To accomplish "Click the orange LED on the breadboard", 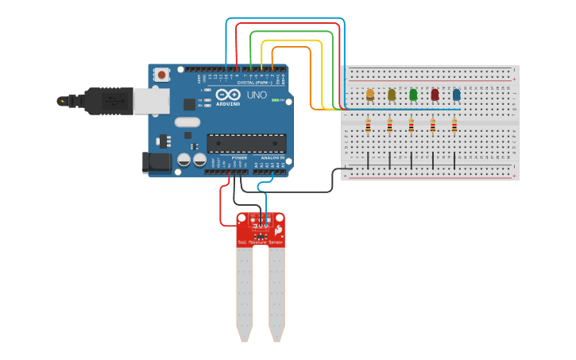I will (x=370, y=95).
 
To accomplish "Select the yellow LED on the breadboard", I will (x=392, y=95).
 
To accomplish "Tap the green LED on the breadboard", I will (x=413, y=95).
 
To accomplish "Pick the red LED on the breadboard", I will (x=435, y=95).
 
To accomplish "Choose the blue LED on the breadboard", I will (x=456, y=95).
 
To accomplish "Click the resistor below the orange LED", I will (x=368, y=125).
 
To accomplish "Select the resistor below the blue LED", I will (x=454, y=125).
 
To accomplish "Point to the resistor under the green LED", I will (x=412, y=125).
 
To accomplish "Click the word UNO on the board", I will (x=257, y=95).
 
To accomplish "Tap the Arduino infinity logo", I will (x=227, y=95).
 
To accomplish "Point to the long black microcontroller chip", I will (x=246, y=143).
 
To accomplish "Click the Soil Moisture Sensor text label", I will (x=260, y=242).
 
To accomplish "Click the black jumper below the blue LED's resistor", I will (x=454, y=160).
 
